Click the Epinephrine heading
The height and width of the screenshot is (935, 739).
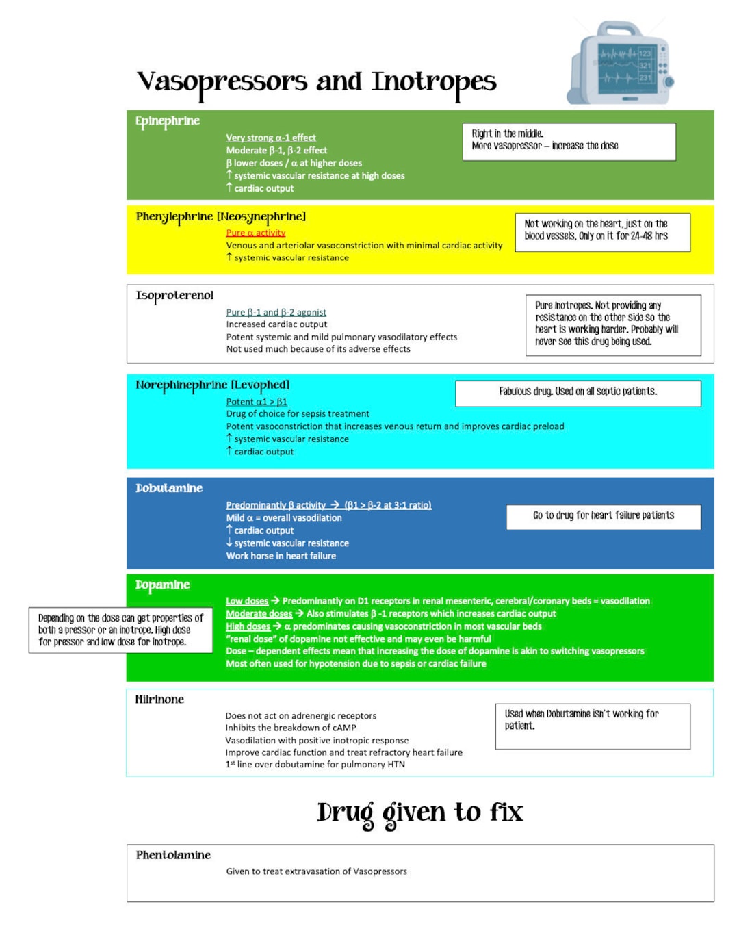coord(168,121)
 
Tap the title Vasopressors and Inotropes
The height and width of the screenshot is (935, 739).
coord(316,82)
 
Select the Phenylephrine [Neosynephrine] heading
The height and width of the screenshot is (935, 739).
coord(220,217)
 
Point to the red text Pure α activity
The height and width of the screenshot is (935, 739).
coord(255,233)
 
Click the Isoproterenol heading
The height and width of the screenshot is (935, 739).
coord(174,296)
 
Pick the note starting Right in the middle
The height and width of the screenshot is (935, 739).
coord(569,141)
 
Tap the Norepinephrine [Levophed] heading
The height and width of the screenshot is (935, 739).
coord(212,385)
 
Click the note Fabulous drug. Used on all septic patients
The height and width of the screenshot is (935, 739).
coord(578,392)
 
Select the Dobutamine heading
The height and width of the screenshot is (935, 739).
coord(169,488)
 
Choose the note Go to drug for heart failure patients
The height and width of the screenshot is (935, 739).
coord(603,516)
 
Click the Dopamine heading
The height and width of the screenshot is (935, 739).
coord(162,585)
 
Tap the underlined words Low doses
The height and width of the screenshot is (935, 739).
coord(247,601)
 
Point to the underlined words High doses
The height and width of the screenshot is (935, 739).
coord(248,626)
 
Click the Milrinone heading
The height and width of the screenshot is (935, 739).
coord(159,700)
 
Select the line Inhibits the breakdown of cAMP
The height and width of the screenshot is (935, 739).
coord(291,728)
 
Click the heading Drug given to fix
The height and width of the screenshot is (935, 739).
coord(419,812)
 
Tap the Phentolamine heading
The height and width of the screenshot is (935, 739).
coord(173,855)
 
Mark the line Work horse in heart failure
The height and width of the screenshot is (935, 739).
coord(281,556)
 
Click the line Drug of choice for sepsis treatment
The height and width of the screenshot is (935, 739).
coord(298,414)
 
